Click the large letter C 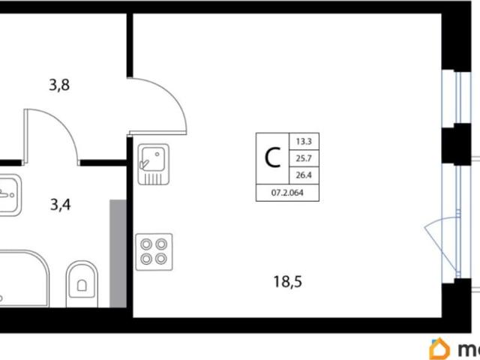coord(274,157)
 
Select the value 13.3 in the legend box coord(304,140)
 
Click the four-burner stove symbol coord(154,251)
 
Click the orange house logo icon coord(439,348)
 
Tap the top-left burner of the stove coord(146,244)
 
